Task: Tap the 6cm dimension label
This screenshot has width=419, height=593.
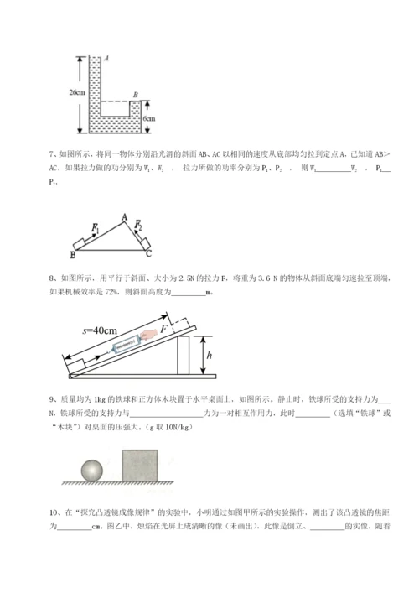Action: tap(148, 119)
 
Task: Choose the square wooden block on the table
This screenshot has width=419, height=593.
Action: tap(141, 465)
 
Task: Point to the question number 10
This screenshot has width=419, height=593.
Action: tap(54, 510)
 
